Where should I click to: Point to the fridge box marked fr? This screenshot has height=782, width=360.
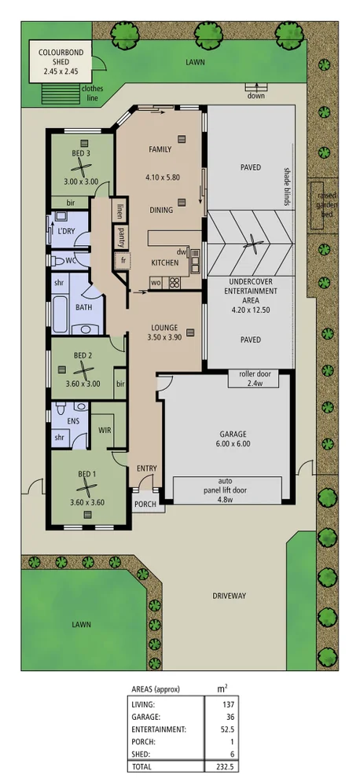[123, 259]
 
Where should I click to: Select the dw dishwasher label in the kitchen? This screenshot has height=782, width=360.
[180, 252]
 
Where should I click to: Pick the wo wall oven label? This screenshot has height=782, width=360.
[155, 282]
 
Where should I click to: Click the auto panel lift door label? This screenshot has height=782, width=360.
[226, 489]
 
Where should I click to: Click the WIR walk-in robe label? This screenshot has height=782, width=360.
[105, 430]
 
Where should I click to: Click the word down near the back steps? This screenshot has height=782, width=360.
[255, 96]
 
